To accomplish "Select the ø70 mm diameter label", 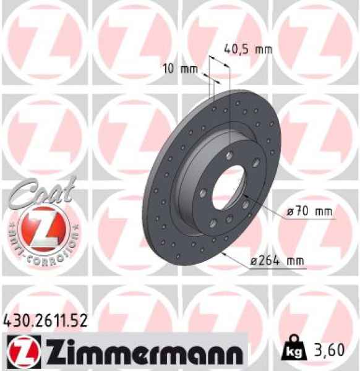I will [x=309, y=212].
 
